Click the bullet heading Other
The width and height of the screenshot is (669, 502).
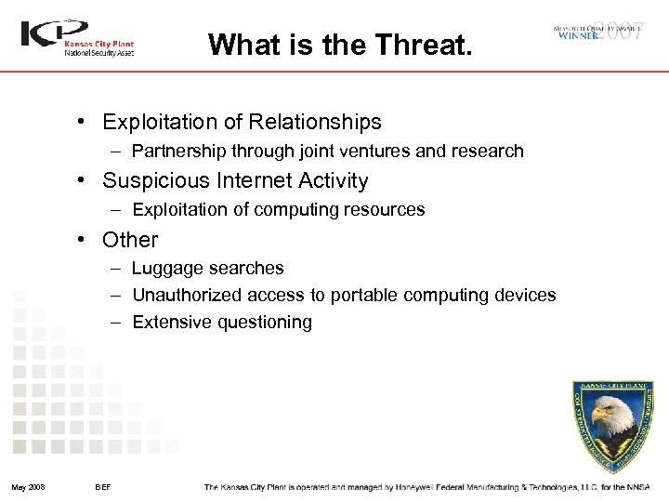click(x=130, y=239)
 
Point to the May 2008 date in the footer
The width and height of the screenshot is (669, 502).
click(x=29, y=487)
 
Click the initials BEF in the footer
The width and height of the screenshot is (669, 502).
click(x=103, y=487)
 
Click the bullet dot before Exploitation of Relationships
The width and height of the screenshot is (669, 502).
click(x=84, y=122)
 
